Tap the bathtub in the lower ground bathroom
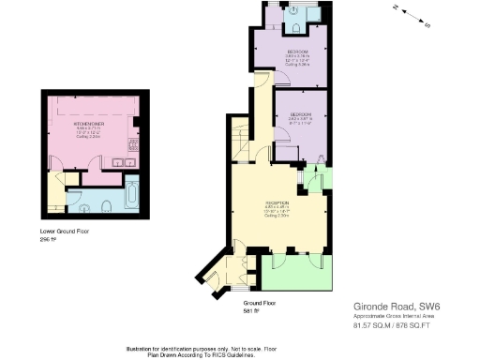tap(130, 197)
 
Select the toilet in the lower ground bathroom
tap(106, 204)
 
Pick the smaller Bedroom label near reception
tap(300, 119)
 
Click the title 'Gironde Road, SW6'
tap(384, 306)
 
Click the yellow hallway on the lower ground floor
tap(57, 192)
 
